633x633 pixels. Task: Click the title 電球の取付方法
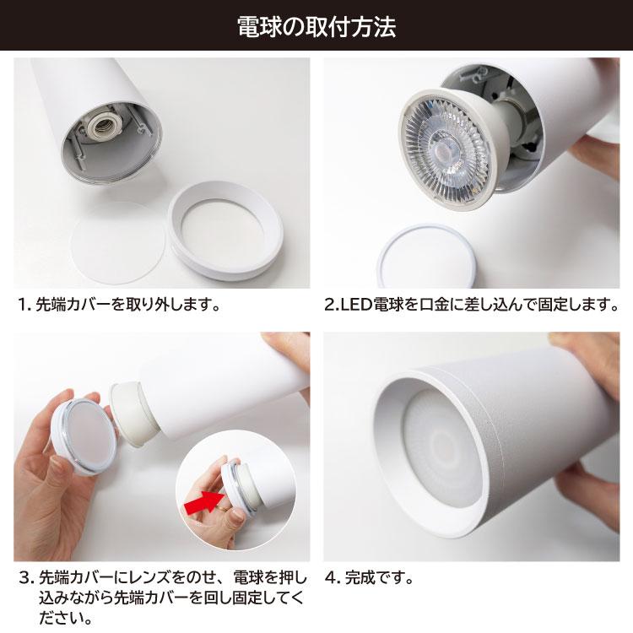(x=316, y=28)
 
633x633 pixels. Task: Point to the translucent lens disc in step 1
(x=118, y=243)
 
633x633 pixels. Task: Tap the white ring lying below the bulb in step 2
(x=427, y=257)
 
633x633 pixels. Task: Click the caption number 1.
(x=24, y=305)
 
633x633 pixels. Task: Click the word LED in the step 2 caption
(x=356, y=305)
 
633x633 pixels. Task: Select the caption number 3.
(x=25, y=578)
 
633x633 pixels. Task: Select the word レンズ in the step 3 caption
(x=149, y=578)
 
